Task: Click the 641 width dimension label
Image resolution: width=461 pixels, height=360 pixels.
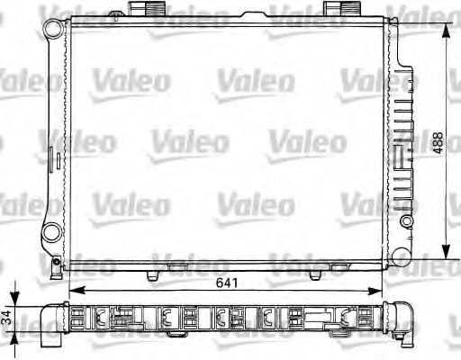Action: (x=227, y=283)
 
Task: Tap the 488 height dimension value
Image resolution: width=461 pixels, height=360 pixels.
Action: (x=438, y=143)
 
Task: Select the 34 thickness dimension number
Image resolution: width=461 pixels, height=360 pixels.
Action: (x=6, y=318)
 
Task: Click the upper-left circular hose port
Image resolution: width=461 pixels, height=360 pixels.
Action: (x=53, y=29)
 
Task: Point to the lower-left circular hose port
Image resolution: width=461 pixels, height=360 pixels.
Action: (x=52, y=233)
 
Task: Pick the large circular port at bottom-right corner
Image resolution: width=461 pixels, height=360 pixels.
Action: (x=402, y=257)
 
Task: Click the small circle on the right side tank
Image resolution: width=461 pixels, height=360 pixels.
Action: (x=407, y=221)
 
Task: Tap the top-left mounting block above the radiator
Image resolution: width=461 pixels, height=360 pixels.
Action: (x=147, y=8)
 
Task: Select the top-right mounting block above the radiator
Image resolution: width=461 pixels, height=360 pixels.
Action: (x=342, y=8)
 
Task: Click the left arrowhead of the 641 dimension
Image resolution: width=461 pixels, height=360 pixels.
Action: (x=77, y=291)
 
